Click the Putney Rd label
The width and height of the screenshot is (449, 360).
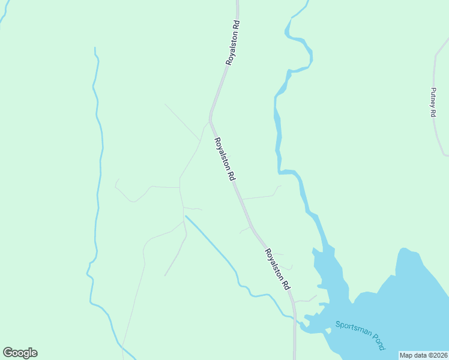tap(433, 102)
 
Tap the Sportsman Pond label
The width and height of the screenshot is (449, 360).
tap(360, 335)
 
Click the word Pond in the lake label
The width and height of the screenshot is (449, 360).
tap(377, 342)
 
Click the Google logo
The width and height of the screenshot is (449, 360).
tap(20, 353)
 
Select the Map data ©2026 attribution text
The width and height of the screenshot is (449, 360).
tap(424, 355)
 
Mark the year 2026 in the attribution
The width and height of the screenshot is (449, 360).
tap(439, 355)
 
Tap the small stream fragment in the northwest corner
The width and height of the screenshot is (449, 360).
tap(4, 18)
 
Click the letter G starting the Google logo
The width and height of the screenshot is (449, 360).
tap(8, 353)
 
